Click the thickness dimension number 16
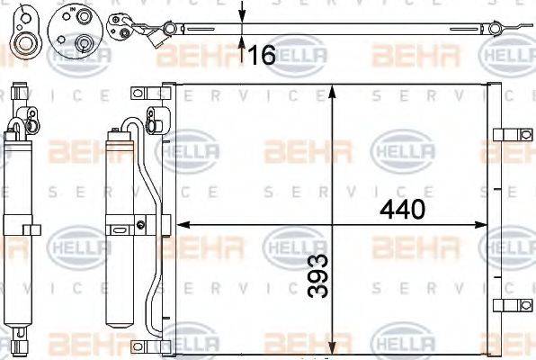[261, 56]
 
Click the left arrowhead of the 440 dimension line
[179, 224]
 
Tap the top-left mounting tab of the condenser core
[138, 94]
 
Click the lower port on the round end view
[83, 40]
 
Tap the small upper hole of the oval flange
[22, 17]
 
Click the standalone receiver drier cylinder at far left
[19, 225]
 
